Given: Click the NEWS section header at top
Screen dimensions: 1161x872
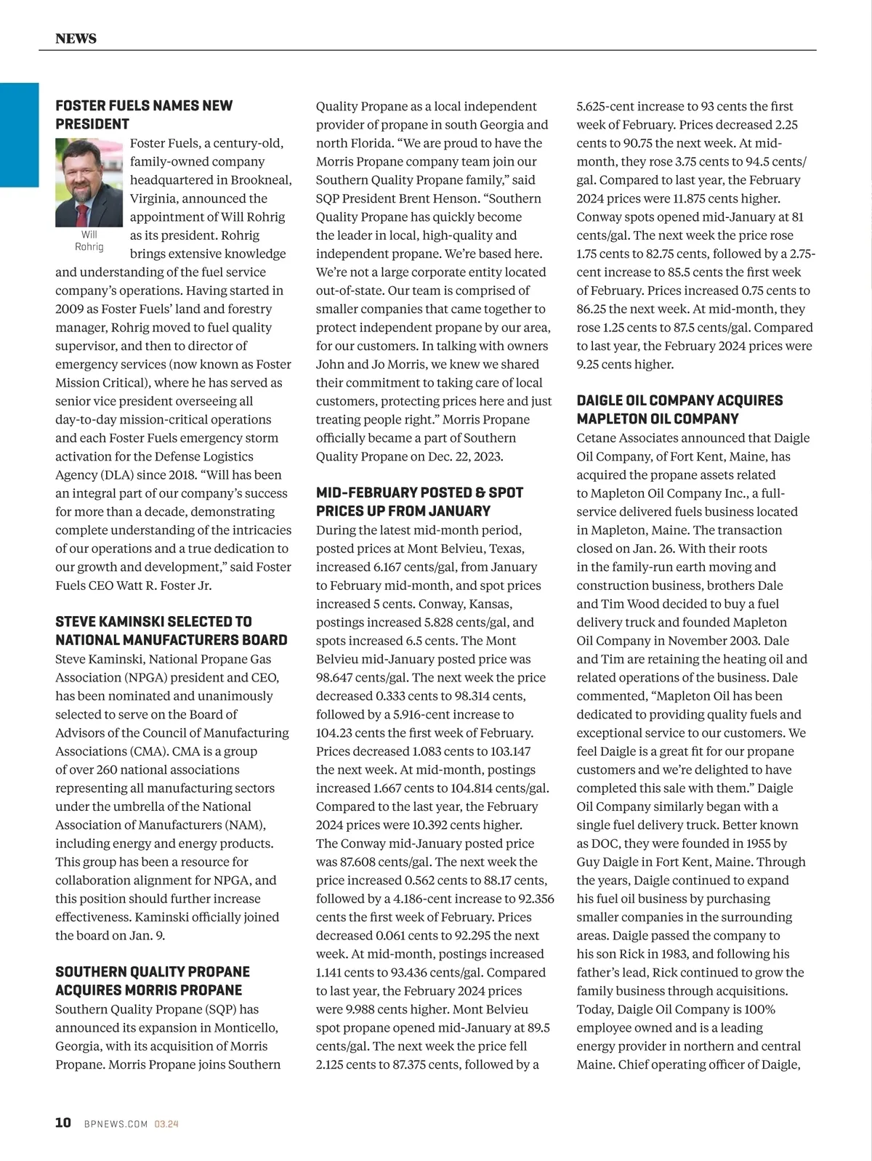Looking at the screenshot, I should [76, 39].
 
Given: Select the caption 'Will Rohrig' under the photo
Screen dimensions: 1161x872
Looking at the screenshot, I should [89, 240].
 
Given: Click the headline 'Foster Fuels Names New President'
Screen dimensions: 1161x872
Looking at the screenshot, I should [144, 115].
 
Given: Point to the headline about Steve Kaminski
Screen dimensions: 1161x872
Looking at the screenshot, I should [171, 631].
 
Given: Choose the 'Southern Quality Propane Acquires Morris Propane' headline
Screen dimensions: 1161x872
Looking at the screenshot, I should [152, 981].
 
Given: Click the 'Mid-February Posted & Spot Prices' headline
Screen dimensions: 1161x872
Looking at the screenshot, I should [419, 501].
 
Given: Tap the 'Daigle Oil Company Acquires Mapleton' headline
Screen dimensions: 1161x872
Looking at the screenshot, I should [679, 410].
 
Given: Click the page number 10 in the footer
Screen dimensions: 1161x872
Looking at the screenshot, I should [63, 1122].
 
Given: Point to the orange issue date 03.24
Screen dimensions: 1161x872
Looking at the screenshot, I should [166, 1124].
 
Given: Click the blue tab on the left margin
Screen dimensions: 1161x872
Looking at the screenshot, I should [19, 135].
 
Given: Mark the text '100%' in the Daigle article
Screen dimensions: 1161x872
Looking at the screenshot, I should [759, 1009].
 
